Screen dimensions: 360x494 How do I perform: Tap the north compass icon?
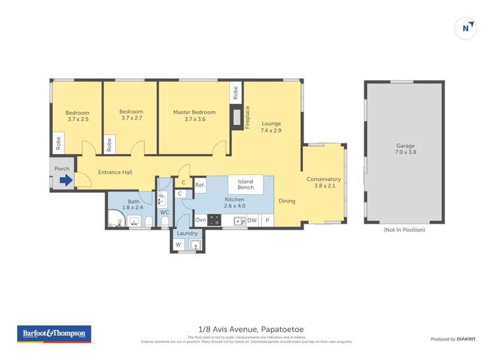466,28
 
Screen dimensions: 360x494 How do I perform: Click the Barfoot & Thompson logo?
54,334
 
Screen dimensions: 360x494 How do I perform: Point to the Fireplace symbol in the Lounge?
236,118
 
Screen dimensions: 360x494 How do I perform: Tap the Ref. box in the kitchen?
200,186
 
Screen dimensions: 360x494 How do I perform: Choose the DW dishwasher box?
252,220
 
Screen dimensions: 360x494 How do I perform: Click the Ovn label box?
201,220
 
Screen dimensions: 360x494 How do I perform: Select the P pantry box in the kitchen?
267,220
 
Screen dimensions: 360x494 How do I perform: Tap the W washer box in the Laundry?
178,245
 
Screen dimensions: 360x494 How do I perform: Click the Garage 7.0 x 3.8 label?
406,149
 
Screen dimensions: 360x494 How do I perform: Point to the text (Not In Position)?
404,230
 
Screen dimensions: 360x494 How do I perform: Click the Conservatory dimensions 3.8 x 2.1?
323,186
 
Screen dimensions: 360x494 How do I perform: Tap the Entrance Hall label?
115,172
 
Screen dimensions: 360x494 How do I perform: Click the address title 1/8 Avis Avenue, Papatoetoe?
247,329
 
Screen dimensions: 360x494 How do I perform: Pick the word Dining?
287,201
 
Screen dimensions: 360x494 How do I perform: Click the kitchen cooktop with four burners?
214,220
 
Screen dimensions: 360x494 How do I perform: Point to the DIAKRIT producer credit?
452,339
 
